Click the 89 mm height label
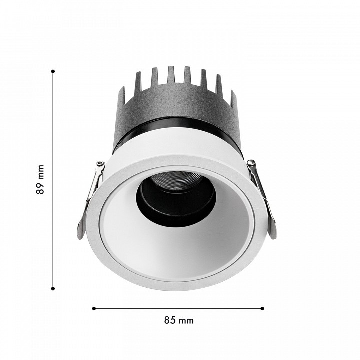coord(40,179)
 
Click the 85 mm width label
coord(179,320)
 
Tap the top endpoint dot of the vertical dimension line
coord(53,71)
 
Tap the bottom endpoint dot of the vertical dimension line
coord(53,289)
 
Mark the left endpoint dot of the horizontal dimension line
coord(94,308)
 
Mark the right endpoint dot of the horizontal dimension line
coord(262,308)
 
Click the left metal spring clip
coord(90,199)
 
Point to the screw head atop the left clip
coord(100,164)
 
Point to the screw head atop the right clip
coord(251,163)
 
